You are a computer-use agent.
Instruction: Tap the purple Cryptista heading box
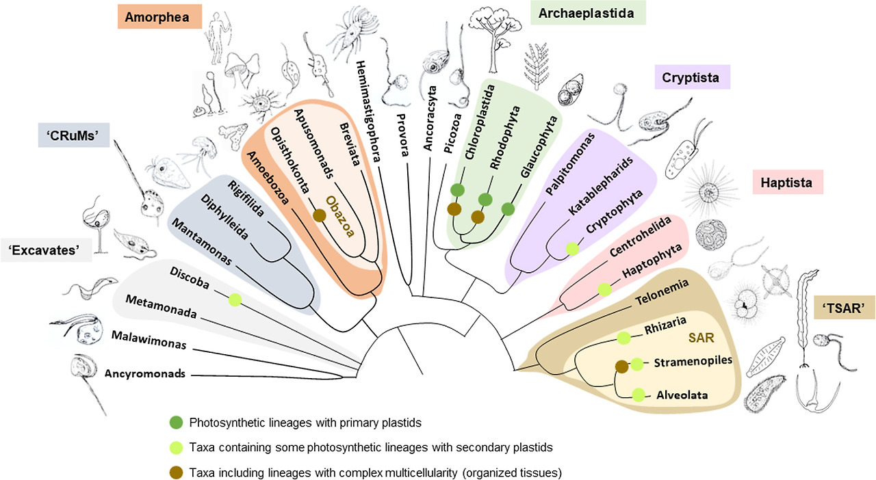click(x=691, y=77)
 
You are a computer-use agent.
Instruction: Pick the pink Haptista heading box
click(x=786, y=183)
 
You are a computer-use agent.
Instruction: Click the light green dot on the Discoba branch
click(x=235, y=299)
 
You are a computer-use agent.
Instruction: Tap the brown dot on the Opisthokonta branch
click(x=318, y=216)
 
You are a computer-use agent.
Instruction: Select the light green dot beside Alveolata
click(x=639, y=395)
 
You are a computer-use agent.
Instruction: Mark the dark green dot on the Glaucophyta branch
click(x=508, y=209)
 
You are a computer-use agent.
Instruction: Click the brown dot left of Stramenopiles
click(x=621, y=366)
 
